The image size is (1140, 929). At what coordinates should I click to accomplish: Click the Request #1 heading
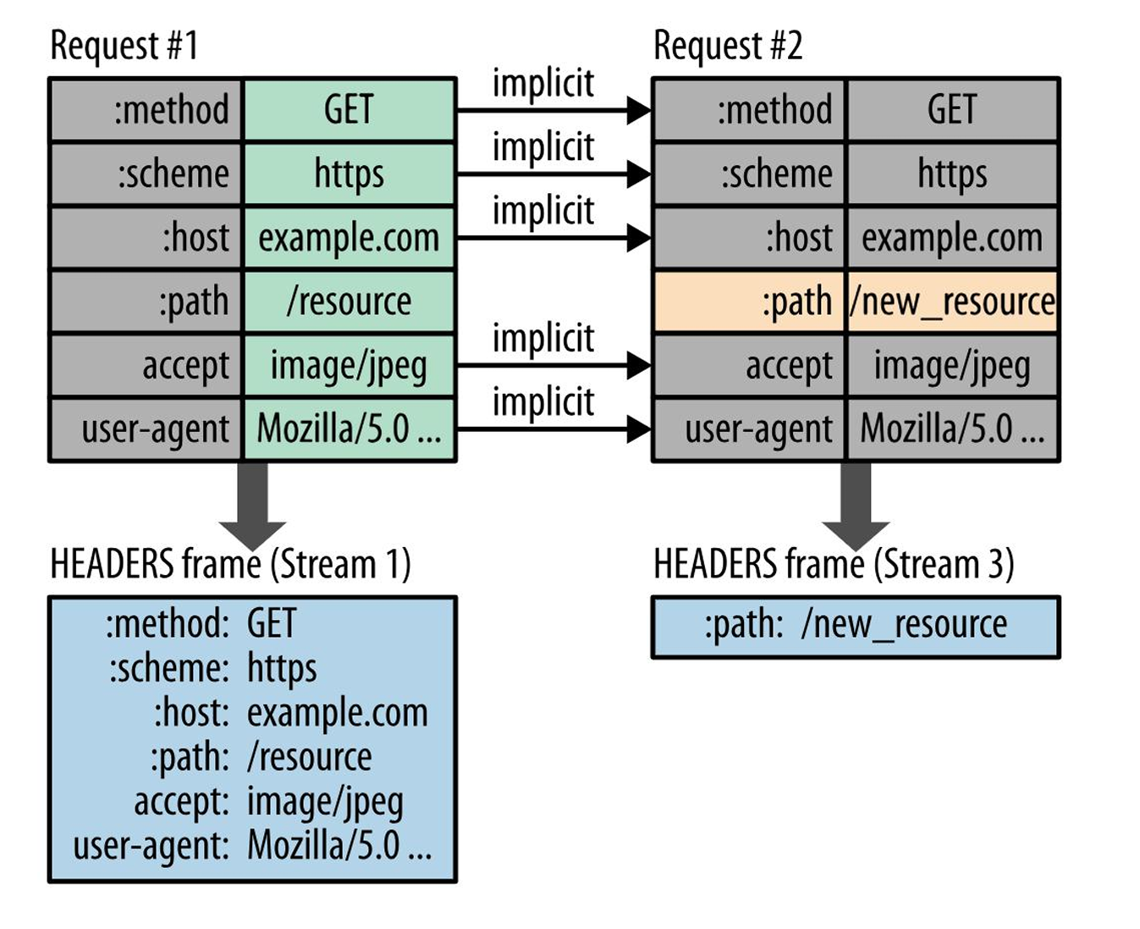124,47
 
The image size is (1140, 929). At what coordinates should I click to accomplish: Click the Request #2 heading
728,47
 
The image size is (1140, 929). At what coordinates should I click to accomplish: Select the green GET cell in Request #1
349,110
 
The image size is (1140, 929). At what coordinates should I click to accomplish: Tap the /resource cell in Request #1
349,301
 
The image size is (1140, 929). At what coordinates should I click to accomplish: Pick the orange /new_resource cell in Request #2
952,301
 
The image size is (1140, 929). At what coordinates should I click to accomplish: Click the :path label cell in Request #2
749,301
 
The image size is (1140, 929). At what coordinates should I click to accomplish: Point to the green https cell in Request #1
349,174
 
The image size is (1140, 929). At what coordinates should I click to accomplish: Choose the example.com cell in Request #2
952,238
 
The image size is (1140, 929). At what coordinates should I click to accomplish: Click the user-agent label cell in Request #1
146,429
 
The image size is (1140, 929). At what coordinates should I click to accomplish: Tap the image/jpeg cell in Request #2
952,366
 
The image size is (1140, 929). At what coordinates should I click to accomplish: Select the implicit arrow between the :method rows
553,110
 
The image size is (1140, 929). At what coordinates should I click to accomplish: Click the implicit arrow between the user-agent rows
553,429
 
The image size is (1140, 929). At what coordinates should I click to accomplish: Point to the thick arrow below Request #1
252,506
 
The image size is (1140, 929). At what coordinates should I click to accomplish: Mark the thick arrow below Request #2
856,506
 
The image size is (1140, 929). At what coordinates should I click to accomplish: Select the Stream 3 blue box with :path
856,627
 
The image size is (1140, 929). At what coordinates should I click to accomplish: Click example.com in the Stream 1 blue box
337,714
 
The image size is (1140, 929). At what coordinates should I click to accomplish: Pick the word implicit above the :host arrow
543,210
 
